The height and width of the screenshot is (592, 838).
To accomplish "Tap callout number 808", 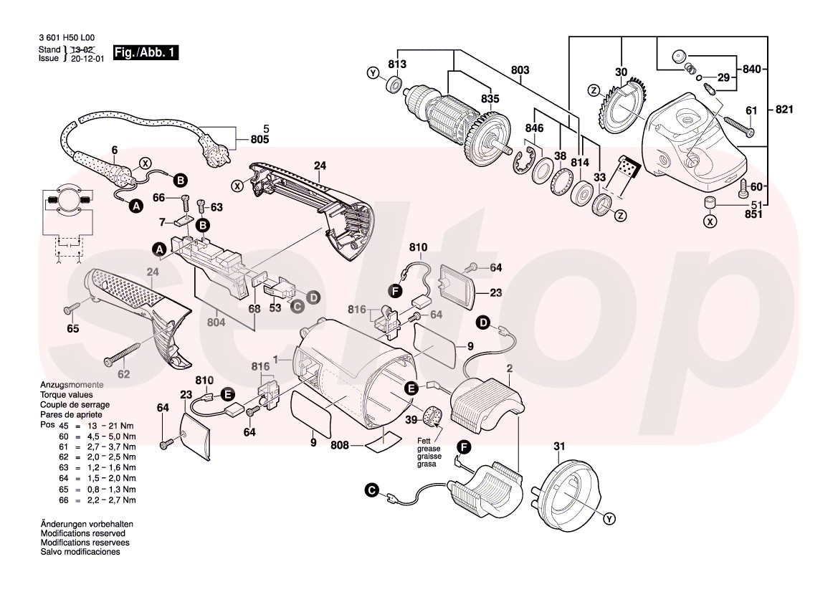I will pos(340,446).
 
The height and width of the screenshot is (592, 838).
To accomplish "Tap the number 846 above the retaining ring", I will pos(534,129).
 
